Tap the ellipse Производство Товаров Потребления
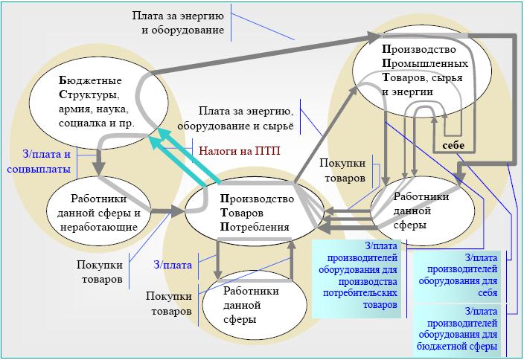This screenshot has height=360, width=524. coord(257,212)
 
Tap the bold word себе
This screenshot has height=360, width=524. coord(453,145)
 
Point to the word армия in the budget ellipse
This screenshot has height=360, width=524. coord(74,109)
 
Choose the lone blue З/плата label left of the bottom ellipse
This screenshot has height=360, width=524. coord(173,264)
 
